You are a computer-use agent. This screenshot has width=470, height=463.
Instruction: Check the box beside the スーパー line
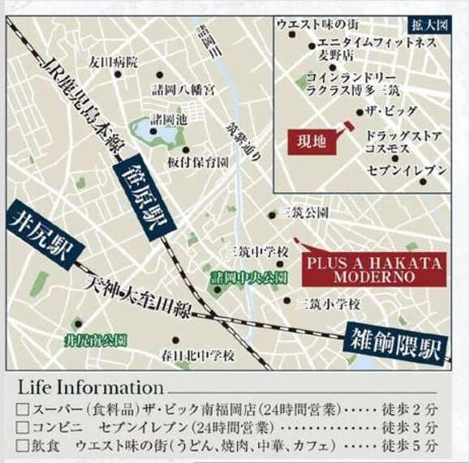pyautogui.click(x=22, y=409)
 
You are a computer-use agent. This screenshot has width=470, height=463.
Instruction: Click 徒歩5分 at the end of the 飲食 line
pyautogui.click(x=420, y=446)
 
